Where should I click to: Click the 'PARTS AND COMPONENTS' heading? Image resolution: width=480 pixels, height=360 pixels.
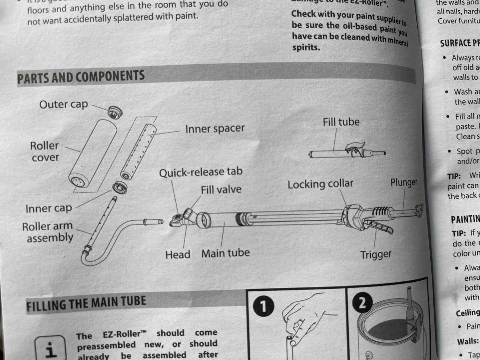[x=81, y=77]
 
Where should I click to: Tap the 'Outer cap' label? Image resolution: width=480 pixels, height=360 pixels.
[x=63, y=105]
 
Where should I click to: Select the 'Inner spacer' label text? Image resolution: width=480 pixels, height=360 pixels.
[x=215, y=128]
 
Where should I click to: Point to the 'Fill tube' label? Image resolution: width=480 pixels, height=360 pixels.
[x=341, y=122]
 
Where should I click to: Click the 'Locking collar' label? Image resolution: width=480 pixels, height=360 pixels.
[x=320, y=184]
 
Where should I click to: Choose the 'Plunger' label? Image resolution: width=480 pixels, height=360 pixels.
[x=404, y=182]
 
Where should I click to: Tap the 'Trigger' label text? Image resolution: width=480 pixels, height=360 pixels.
[x=375, y=255]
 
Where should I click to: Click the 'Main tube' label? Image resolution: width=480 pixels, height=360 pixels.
[x=225, y=253]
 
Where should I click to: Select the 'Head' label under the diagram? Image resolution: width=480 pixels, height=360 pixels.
[x=178, y=255]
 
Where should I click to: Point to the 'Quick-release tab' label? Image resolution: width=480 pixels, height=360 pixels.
[x=201, y=172]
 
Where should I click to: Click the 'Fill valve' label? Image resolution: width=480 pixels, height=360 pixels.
[x=221, y=190]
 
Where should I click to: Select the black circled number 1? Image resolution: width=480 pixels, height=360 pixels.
[x=263, y=306]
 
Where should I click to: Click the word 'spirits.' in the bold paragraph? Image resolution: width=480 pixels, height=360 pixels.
[x=306, y=48]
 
